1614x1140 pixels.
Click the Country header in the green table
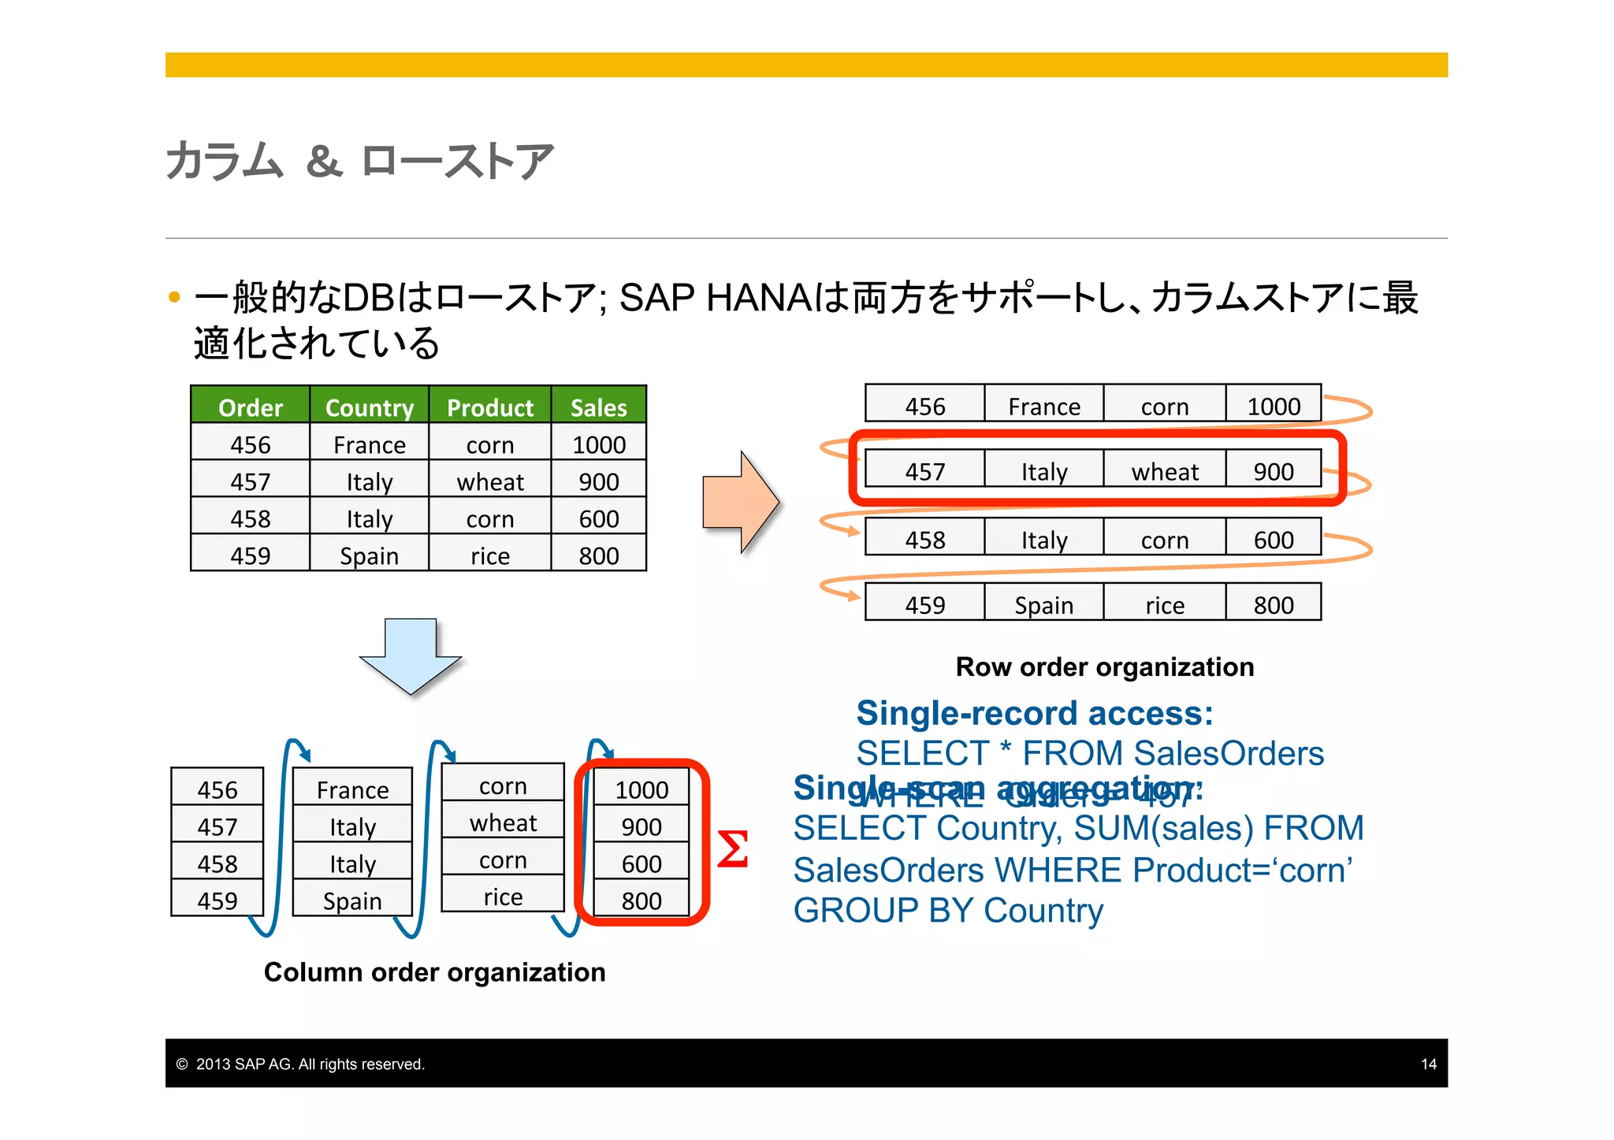pyautogui.click(x=369, y=407)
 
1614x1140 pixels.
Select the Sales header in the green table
pyautogui.click(x=598, y=407)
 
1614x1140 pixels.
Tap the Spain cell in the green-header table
pyautogui.click(x=369, y=555)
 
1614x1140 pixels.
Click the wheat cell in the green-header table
pyautogui.click(x=489, y=481)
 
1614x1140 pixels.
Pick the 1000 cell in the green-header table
pyautogui.click(x=598, y=444)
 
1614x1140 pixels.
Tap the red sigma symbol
pyautogui.click(x=732, y=850)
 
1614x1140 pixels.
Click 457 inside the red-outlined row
pyautogui.click(x=924, y=471)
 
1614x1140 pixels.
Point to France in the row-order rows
pyautogui.click(x=1043, y=407)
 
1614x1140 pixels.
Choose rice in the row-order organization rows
pyautogui.click(x=1164, y=605)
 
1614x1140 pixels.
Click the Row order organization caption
pyautogui.click(x=1104, y=667)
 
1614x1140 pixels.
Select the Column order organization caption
pyautogui.click(x=434, y=972)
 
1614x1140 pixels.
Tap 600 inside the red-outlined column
pyautogui.click(x=641, y=863)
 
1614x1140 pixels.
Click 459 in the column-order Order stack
pyautogui.click(x=217, y=900)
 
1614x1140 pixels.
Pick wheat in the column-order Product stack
pyautogui.click(x=503, y=823)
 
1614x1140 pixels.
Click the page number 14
pyautogui.click(x=1428, y=1064)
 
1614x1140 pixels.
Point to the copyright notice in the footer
pyautogui.click(x=300, y=1064)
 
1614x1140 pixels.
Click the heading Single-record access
pyautogui.click(x=1034, y=713)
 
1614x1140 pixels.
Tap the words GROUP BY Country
pyautogui.click(x=947, y=911)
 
